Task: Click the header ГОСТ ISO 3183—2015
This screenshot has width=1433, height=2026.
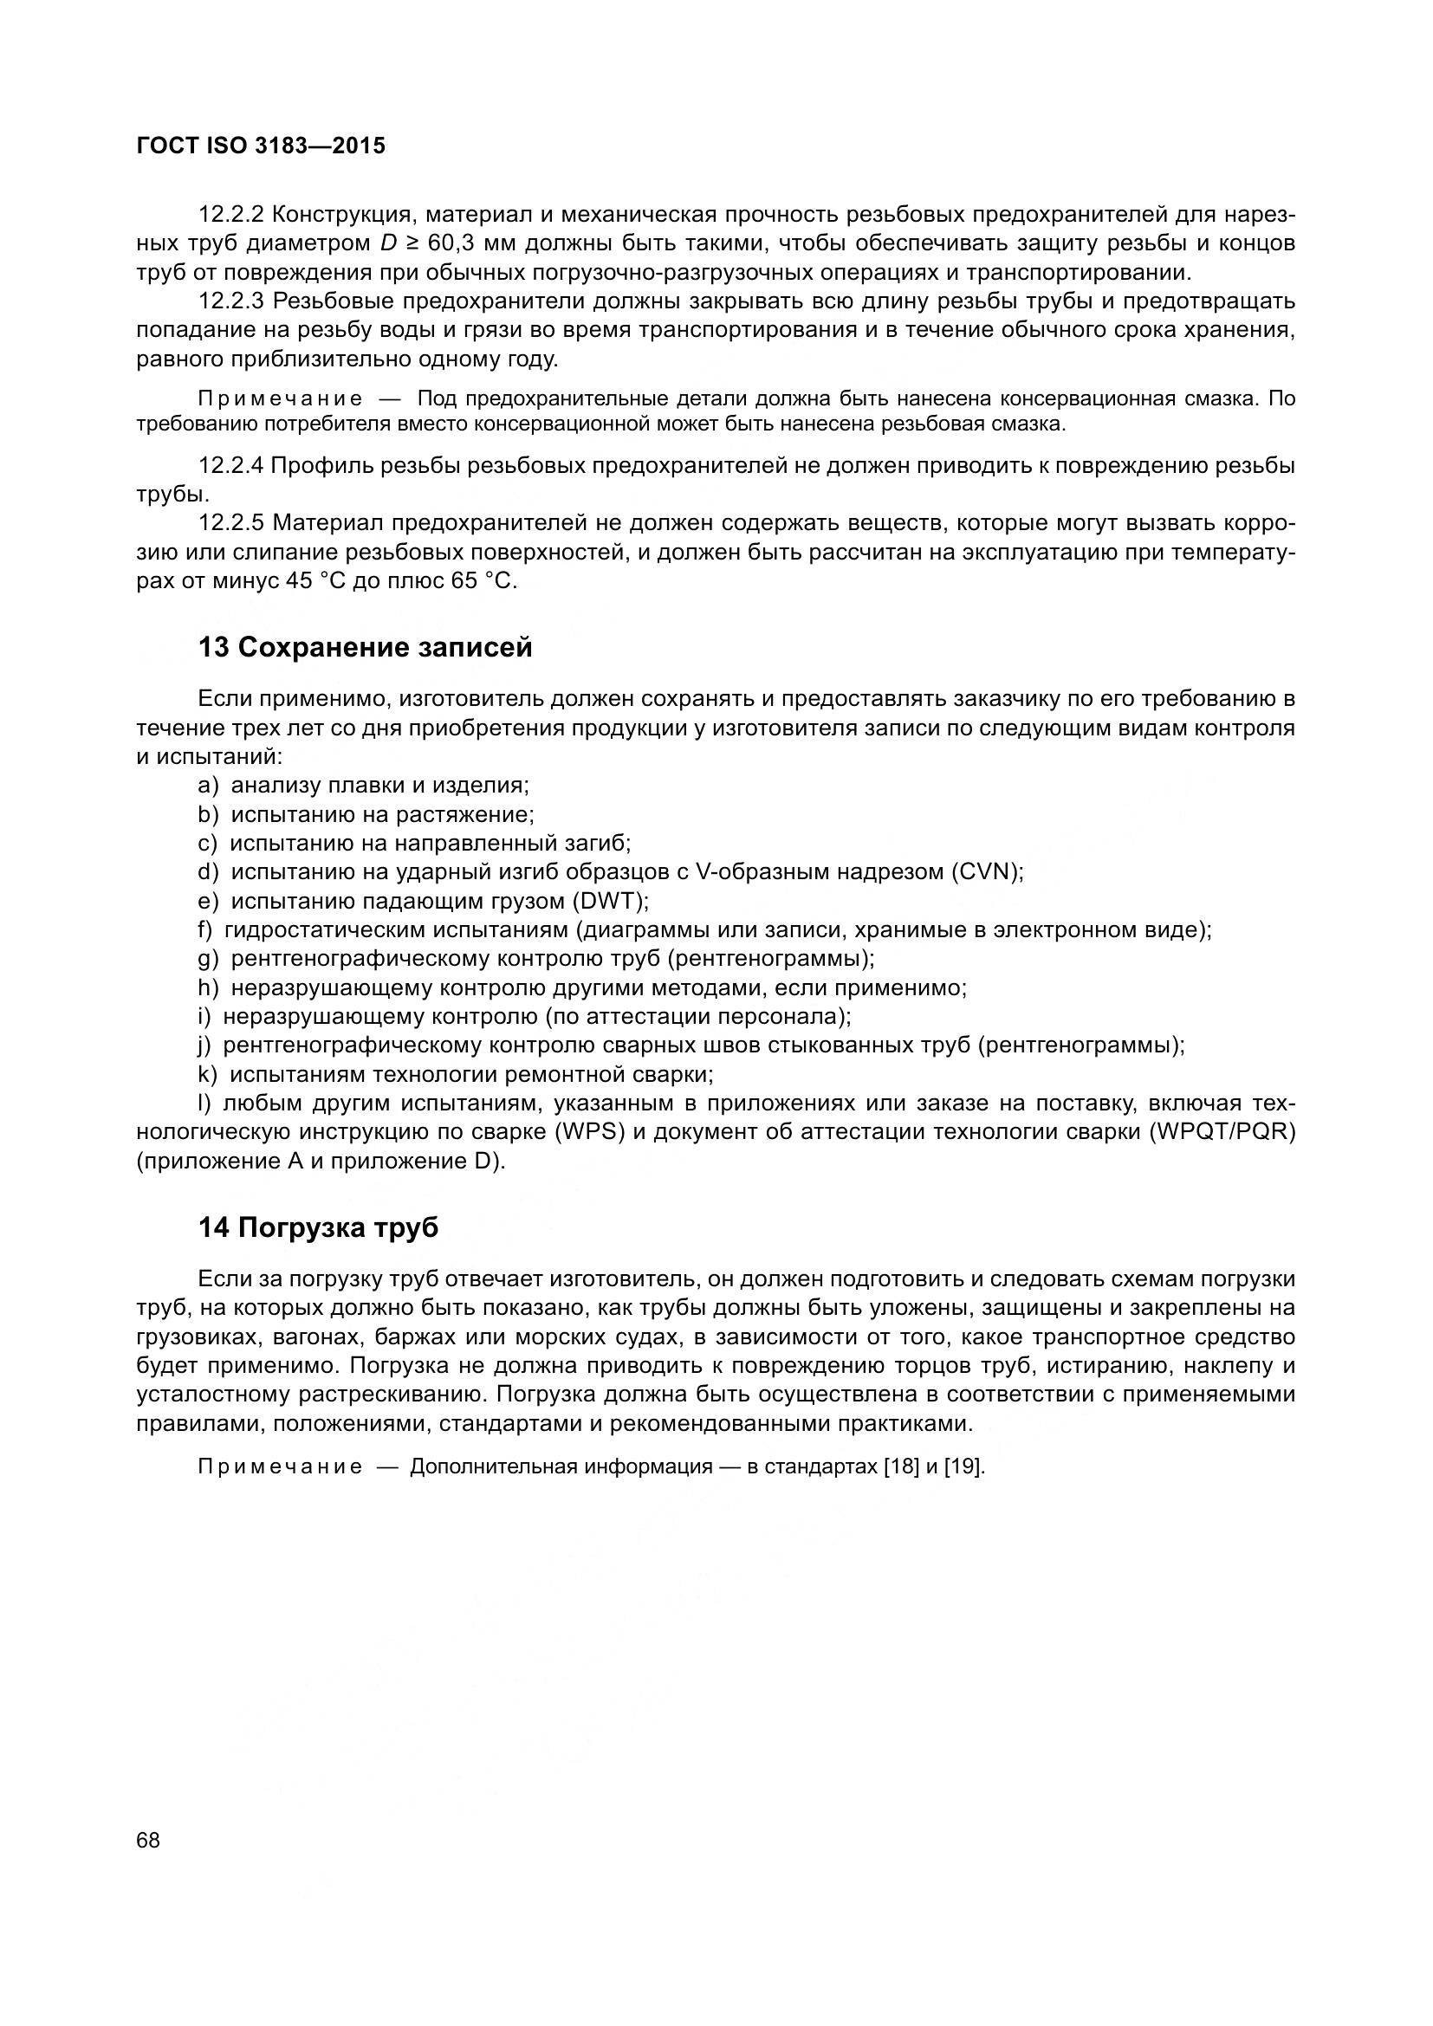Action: (x=261, y=146)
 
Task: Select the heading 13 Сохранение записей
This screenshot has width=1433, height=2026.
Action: (x=366, y=647)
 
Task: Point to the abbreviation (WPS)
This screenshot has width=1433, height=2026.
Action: (x=589, y=1132)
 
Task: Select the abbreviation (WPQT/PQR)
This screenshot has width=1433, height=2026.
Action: (x=1223, y=1132)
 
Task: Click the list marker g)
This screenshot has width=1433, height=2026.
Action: (x=208, y=958)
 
